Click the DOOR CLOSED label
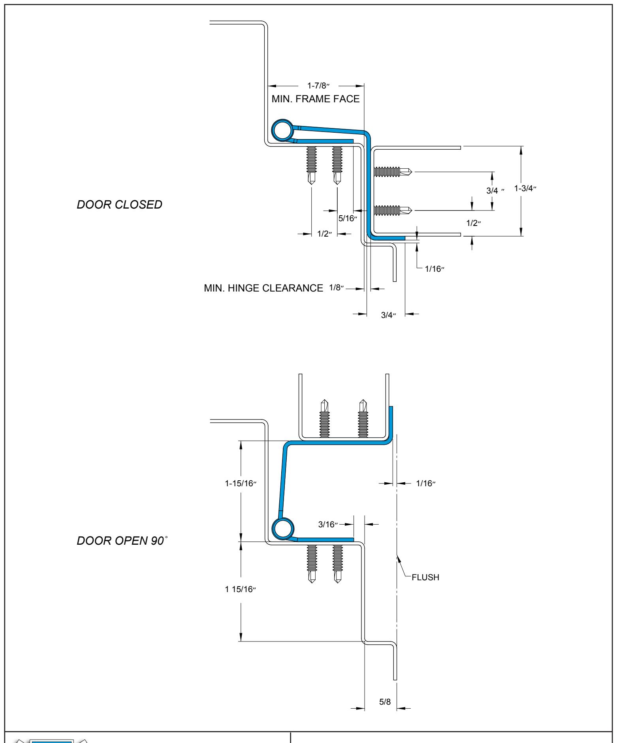coord(119,205)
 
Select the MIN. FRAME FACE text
coord(316,99)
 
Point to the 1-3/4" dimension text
coord(525,188)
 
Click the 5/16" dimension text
coord(348,218)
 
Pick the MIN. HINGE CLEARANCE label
coord(263,288)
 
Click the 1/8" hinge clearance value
coord(336,288)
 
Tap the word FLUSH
coord(425,577)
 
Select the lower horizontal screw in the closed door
coord(393,209)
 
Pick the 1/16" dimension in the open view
coord(425,483)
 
